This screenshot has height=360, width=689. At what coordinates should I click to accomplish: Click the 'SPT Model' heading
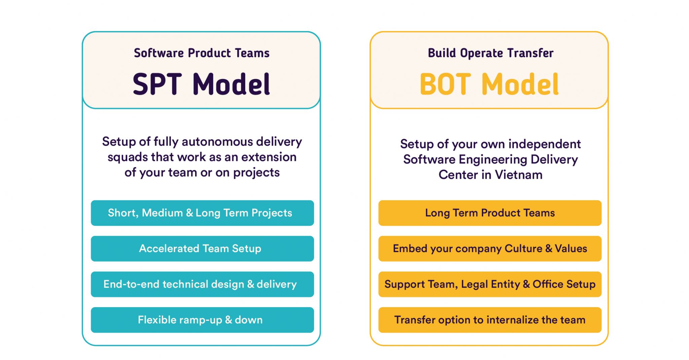201,84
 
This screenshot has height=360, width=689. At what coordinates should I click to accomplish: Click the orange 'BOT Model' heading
489,84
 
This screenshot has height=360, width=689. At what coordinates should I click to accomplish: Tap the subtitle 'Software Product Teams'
202,53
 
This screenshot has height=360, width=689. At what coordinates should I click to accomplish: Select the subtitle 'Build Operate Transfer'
491,53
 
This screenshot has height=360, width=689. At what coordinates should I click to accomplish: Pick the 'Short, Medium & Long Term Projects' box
202,213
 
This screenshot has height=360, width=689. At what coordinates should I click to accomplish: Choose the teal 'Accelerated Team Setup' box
202,249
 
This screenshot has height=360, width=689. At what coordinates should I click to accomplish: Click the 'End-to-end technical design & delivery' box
202,284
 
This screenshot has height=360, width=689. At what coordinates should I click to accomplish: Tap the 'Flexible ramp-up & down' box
202,320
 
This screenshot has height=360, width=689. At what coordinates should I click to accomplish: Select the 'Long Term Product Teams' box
490,213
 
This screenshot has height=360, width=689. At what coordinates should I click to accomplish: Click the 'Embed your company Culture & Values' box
490,249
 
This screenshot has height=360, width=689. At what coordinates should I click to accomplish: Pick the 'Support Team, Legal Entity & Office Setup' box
490,284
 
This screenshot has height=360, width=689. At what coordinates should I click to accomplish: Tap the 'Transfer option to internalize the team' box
490,320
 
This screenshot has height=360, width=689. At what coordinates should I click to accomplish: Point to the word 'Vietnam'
518,175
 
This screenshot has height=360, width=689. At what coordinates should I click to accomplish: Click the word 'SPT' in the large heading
157,84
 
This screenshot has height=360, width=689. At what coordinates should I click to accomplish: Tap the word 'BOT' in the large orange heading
445,84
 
